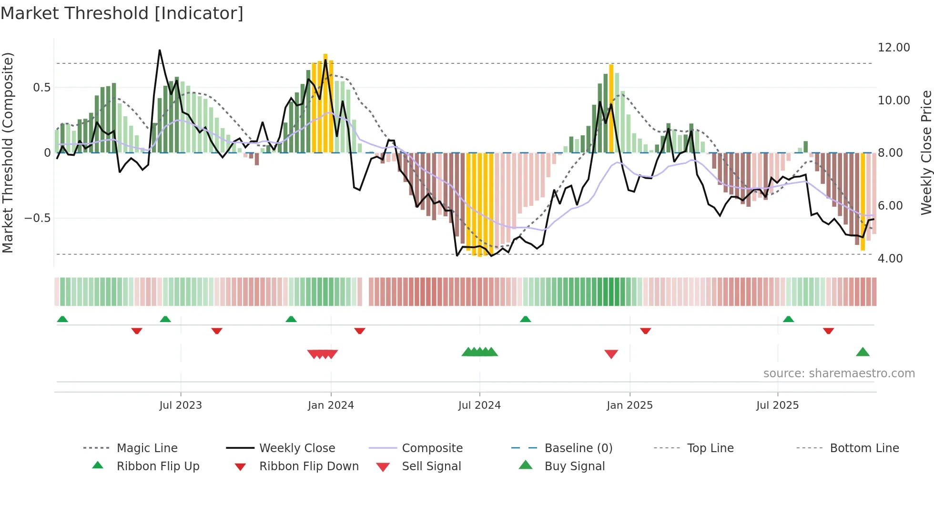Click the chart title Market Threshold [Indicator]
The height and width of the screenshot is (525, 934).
tap(122, 13)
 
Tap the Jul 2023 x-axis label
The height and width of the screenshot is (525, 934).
tap(181, 405)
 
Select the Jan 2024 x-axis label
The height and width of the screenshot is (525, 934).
tap(331, 405)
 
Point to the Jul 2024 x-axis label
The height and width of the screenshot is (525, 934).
tap(479, 405)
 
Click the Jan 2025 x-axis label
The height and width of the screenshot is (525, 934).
tap(629, 405)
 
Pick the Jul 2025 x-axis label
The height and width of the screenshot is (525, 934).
tap(777, 405)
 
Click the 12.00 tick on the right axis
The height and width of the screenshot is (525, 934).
tap(893, 48)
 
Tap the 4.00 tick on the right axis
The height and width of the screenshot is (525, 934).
tap(890, 259)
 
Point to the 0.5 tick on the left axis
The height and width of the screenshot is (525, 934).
tap(41, 88)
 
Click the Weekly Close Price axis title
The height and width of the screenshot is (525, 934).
tap(926, 152)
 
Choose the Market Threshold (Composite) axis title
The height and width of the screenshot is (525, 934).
tap(8, 152)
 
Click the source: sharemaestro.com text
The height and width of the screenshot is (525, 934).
tap(839, 374)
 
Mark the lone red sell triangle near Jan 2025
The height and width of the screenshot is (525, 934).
tap(611, 354)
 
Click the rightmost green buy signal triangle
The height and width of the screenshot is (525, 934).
tap(863, 353)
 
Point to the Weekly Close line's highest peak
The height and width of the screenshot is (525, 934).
tap(160, 50)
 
